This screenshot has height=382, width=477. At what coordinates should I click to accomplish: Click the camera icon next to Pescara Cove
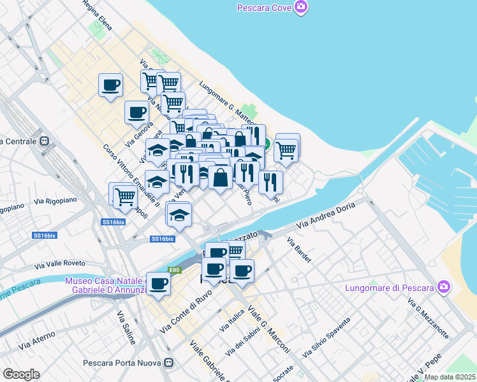pos(300,8)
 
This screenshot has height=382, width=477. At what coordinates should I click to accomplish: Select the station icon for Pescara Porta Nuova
pos(169,364)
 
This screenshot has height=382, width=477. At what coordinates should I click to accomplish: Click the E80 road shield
pos(175,270)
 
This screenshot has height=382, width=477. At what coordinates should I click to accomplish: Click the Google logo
pos(21,374)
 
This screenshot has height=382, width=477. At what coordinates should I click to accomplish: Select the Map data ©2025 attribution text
pos(450,377)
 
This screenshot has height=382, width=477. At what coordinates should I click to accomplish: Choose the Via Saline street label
pos(126,327)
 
